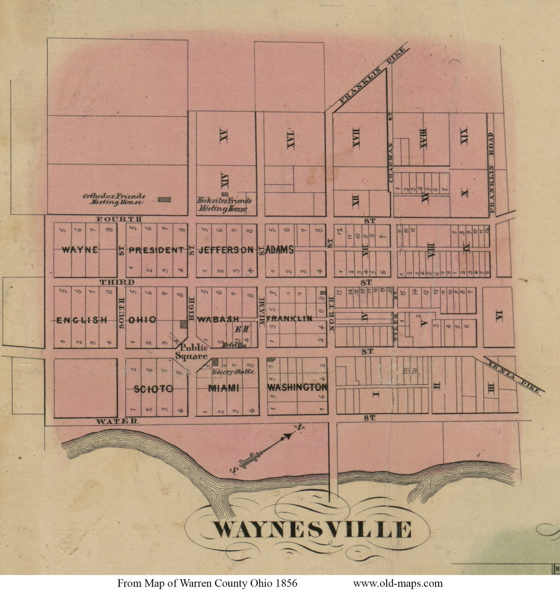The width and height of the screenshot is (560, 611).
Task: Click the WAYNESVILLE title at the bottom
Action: tap(311, 530)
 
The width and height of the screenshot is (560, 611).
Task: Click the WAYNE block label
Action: tap(79, 250)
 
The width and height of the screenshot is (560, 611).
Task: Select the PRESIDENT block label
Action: tap(156, 250)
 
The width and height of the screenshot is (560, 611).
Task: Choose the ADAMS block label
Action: tap(280, 250)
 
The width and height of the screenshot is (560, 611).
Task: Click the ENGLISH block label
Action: tap(82, 320)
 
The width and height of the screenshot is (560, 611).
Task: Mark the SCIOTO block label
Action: tap(153, 389)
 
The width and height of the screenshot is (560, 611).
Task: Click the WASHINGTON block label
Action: tap(297, 387)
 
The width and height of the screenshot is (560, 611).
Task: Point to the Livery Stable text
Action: tap(233, 372)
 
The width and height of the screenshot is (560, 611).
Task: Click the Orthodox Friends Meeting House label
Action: tap(114, 199)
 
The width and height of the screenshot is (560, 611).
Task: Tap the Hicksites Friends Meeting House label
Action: tap(224, 205)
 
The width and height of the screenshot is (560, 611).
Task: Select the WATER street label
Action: tap(117, 421)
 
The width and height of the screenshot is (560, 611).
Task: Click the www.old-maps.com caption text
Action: tap(397, 584)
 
